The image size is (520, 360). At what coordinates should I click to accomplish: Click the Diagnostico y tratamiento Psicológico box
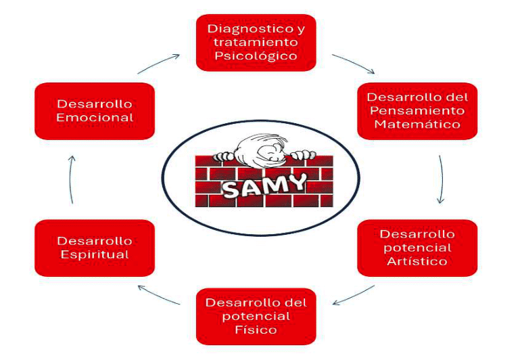(256, 42)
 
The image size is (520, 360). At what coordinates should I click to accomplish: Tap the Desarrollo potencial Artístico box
(417, 248)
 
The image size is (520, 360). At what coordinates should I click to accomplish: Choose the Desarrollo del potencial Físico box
(256, 316)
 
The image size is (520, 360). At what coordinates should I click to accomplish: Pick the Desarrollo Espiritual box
(94, 248)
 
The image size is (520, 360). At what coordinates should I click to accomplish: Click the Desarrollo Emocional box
(94, 111)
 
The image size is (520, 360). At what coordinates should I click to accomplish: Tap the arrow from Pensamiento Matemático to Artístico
(441, 179)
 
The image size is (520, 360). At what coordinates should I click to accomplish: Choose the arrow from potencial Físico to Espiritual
(159, 296)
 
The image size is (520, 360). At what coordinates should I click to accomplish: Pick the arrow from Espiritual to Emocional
(72, 179)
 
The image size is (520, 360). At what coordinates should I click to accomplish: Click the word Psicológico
(256, 55)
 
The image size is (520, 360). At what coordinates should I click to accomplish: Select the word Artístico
(417, 261)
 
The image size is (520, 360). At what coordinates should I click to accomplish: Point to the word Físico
(256, 330)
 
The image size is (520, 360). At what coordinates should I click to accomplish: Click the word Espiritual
(94, 254)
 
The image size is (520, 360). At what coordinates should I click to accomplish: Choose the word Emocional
(94, 118)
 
